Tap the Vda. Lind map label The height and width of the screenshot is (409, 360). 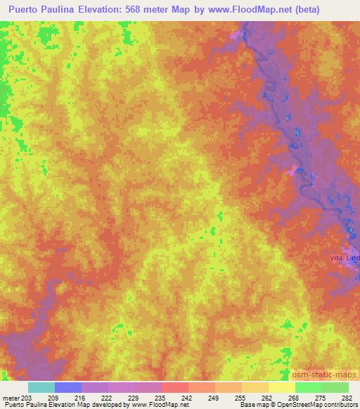coord(344,259)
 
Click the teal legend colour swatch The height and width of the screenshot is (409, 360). coord(41,387)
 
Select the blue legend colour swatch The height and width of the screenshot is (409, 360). coord(68,387)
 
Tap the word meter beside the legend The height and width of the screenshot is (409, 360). coord(10,398)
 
